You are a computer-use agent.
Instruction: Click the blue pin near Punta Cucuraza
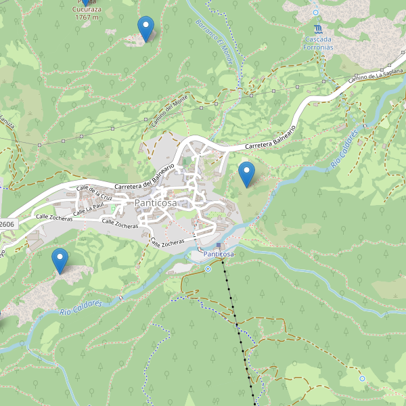pyautogui.click(x=145, y=28)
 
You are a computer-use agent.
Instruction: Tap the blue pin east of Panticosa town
pyautogui.click(x=247, y=175)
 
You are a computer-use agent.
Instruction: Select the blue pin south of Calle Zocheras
pyautogui.click(x=60, y=261)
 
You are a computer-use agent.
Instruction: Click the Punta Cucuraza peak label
pyautogui.click(x=87, y=13)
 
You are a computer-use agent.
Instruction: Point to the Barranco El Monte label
pyautogui.click(x=215, y=42)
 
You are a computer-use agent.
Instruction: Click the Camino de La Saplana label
pyautogui.click(x=376, y=76)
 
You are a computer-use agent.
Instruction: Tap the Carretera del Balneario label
pyautogui.click(x=145, y=177)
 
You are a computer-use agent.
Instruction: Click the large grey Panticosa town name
pyautogui.click(x=156, y=203)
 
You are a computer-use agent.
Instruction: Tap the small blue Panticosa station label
pyautogui.click(x=219, y=254)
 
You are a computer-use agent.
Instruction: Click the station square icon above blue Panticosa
pyautogui.click(x=219, y=245)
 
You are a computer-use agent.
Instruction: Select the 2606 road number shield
pyautogui.click(x=7, y=224)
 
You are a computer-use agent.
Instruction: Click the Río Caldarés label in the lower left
pyautogui.click(x=80, y=308)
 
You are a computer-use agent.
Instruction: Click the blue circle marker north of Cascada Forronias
pyautogui.click(x=315, y=12)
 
